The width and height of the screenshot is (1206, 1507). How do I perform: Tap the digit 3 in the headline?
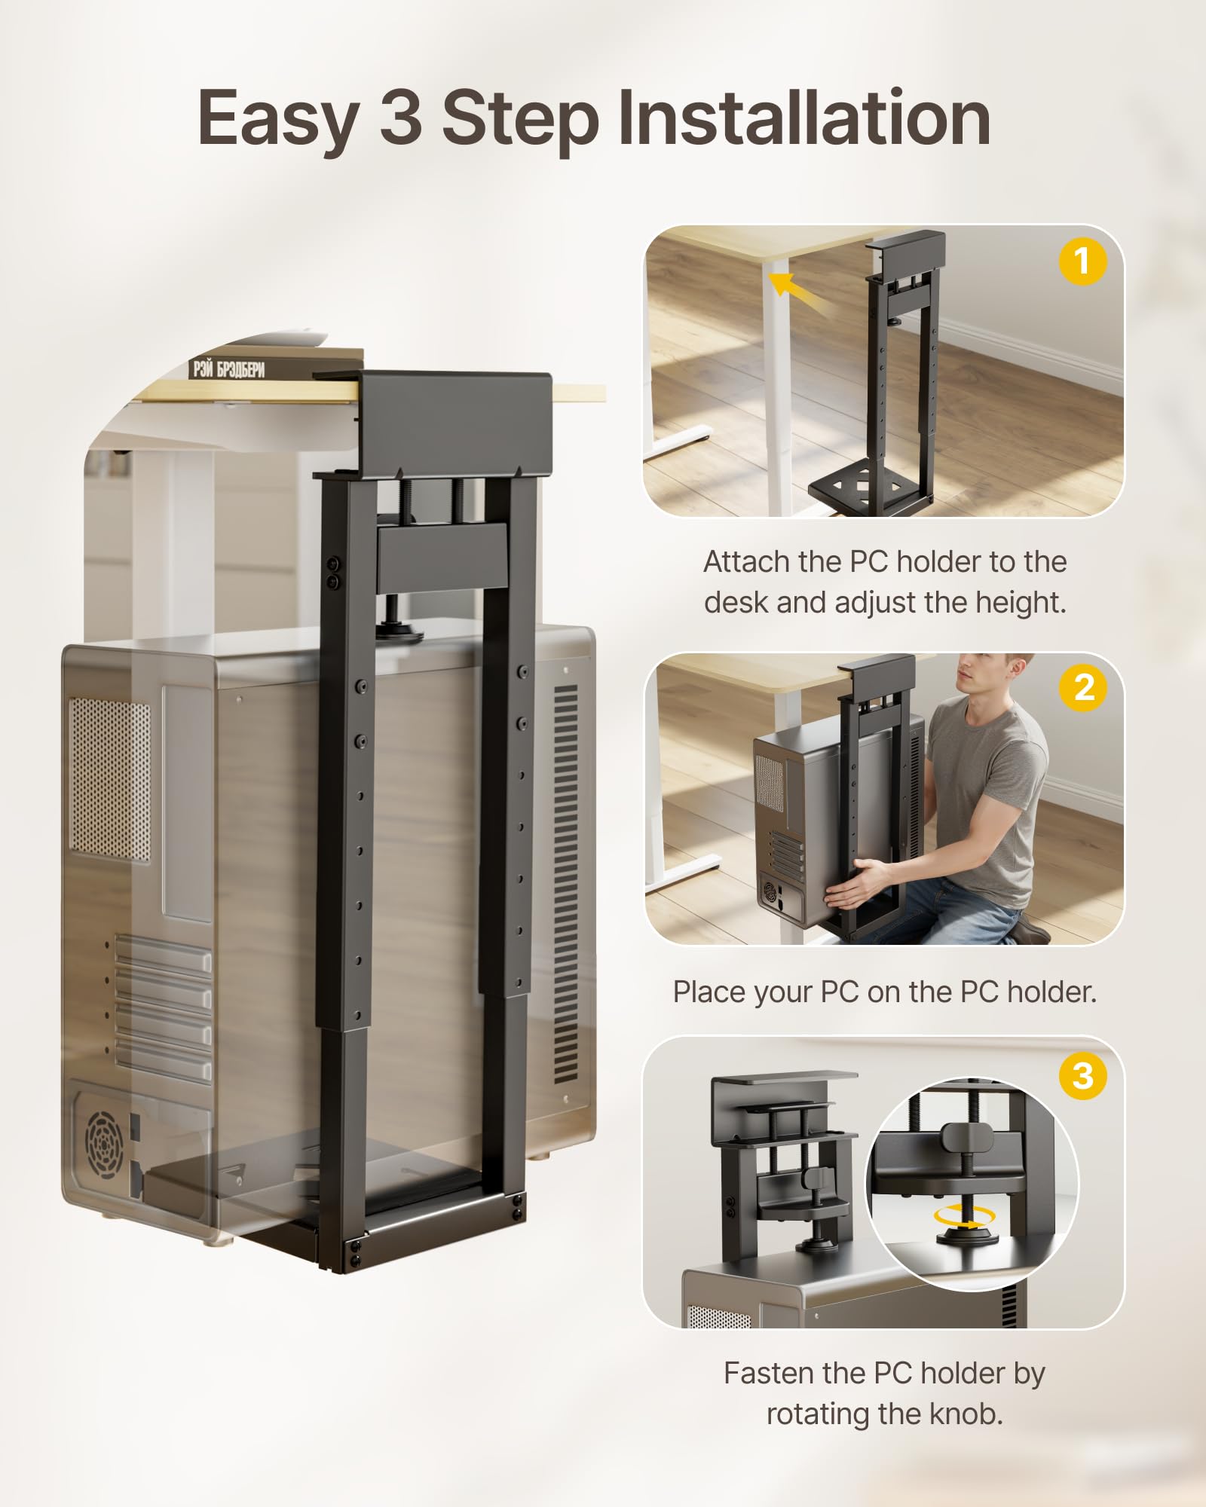[400, 118]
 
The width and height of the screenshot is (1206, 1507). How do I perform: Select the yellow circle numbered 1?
[1082, 261]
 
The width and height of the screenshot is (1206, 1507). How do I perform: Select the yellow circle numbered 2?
[1083, 687]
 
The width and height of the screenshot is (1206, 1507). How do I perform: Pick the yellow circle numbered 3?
[1083, 1076]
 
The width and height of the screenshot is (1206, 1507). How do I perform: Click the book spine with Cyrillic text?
[229, 368]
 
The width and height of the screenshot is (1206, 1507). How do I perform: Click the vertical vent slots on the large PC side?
[565, 882]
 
